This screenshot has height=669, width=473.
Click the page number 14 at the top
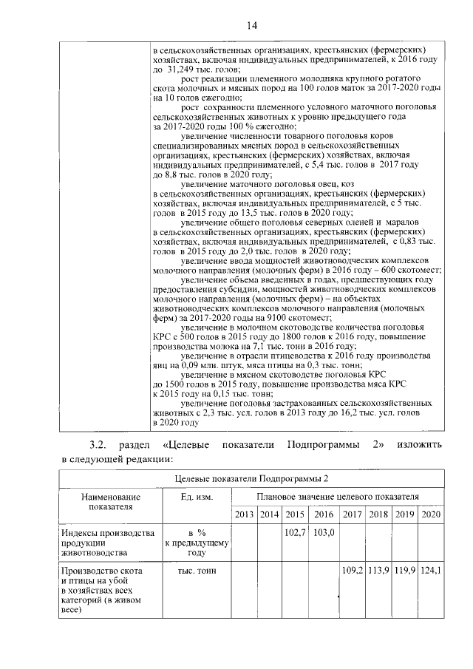click(x=251, y=25)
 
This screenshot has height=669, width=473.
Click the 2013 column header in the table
click(x=244, y=514)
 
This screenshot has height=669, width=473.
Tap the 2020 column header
click(x=431, y=514)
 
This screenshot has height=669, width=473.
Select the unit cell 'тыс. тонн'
click(x=196, y=571)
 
